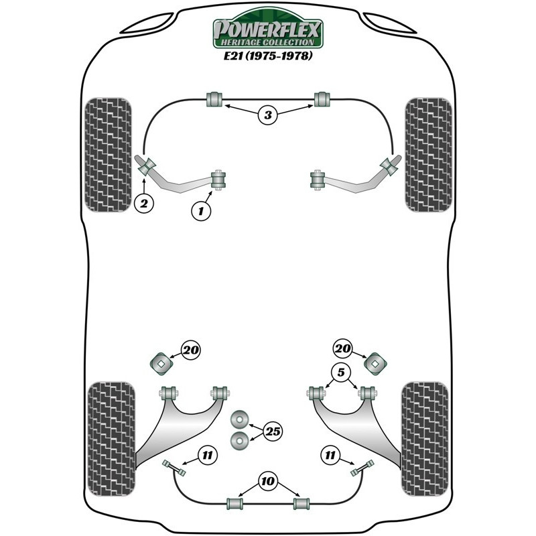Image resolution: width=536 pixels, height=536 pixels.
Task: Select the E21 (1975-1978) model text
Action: pos(268,56)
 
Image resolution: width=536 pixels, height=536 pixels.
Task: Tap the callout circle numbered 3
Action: pos(267,115)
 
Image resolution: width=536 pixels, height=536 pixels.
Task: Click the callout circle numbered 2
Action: pos(144,204)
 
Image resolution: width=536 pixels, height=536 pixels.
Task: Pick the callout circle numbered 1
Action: pos(201,210)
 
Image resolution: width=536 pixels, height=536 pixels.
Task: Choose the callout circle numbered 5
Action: pos(341,372)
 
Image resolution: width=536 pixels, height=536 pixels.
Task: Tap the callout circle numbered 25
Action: pos(273,431)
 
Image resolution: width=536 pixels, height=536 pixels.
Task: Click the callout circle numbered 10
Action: pos(267,481)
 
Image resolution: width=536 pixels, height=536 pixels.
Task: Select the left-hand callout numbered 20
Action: pos(191,350)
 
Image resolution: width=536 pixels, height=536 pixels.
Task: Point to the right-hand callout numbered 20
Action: pos(342,348)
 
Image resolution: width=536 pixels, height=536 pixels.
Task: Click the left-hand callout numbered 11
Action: pos(207,456)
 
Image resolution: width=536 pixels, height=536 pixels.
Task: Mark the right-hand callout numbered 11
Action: pos(330,456)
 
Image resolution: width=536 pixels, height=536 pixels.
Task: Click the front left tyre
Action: pos(108,155)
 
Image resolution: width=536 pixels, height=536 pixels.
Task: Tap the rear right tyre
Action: pos(425,440)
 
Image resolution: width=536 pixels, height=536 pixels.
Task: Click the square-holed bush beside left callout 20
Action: pos(161,364)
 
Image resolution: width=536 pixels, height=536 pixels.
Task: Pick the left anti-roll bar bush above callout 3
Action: pos(214,99)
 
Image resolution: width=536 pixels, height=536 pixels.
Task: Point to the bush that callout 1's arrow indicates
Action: pos(218,180)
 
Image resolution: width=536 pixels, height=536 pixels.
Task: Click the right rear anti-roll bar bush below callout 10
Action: pos(301,504)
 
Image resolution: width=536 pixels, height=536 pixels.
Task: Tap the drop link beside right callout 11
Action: pos(362,468)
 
